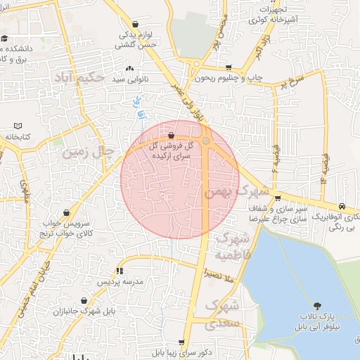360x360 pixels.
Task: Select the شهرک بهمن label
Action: pyautogui.click(x=236, y=191)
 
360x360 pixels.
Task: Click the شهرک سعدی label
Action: pyautogui.click(x=224, y=315)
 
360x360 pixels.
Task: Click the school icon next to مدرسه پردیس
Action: pyautogui.click(x=120, y=271)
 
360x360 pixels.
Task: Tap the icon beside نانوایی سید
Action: pyautogui.click(x=129, y=69)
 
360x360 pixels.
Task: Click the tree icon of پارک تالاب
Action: pyautogui.click(x=318, y=306)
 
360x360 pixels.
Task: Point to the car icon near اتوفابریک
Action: pyautogui.click(x=341, y=206)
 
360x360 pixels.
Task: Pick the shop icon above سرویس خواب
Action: pyautogui.click(x=66, y=212)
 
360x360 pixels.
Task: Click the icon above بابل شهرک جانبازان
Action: pyautogui.click(x=84, y=300)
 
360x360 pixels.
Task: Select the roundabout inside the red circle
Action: pyautogui.click(x=206, y=141)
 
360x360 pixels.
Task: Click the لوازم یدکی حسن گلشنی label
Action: pyautogui.click(x=131, y=38)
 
